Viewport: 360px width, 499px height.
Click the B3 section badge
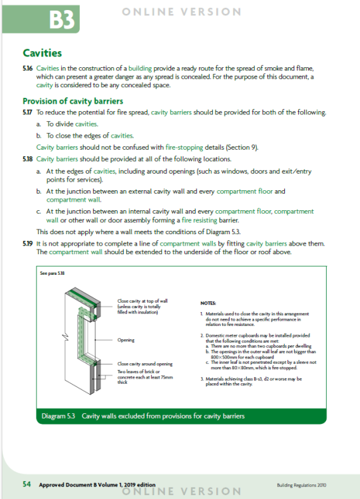point(41,19)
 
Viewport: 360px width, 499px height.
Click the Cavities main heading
point(43,53)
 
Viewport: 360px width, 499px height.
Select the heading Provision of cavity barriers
point(73,101)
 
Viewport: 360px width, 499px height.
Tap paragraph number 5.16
point(28,69)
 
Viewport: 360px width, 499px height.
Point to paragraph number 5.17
point(28,112)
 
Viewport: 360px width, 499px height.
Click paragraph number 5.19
point(28,244)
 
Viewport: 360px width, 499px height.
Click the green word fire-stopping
point(184,147)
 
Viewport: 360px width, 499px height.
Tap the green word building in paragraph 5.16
point(140,69)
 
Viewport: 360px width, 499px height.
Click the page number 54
point(27,484)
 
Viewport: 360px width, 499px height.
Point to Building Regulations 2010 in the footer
point(301,485)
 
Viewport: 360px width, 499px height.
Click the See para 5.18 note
point(53,273)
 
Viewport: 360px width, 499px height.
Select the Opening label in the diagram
point(126,340)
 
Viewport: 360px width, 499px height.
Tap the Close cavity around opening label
point(145,364)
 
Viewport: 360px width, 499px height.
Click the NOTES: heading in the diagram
point(208,303)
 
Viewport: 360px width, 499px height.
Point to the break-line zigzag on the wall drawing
point(65,337)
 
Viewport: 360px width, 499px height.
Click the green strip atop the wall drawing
point(83,297)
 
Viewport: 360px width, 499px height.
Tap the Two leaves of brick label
point(145,377)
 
